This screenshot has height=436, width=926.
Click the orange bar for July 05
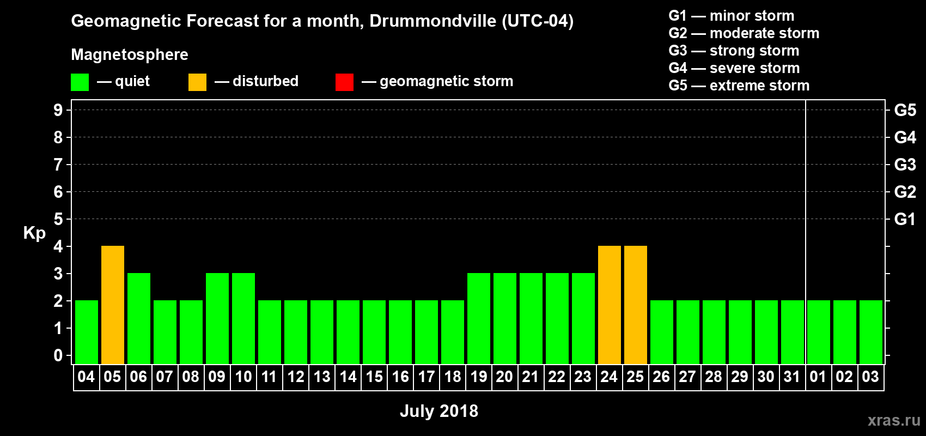(x=113, y=305)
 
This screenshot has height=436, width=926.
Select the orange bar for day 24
(x=610, y=305)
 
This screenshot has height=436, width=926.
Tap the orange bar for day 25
(x=636, y=305)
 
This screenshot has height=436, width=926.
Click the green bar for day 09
(x=217, y=318)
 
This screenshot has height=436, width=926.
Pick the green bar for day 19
(x=479, y=318)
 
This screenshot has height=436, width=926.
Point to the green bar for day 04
(x=87, y=332)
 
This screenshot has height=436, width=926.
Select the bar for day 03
(x=871, y=332)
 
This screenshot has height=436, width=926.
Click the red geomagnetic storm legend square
(x=344, y=82)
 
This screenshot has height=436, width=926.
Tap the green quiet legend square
(x=80, y=82)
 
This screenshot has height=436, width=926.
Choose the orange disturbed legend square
(x=197, y=82)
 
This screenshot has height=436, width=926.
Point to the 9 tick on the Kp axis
(x=58, y=110)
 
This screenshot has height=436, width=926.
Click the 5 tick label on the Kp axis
(x=58, y=219)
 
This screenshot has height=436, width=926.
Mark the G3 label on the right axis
(x=905, y=165)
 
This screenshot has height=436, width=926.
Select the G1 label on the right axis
(x=905, y=219)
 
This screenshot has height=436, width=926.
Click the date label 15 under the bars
(x=374, y=377)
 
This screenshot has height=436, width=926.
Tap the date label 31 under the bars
(x=792, y=377)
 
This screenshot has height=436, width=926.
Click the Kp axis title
(x=34, y=233)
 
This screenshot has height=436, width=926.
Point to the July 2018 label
(x=439, y=411)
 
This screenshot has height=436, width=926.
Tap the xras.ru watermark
(x=894, y=420)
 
